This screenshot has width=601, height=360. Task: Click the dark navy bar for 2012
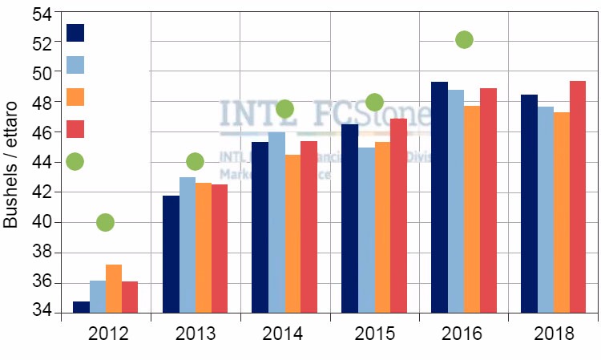point(81,307)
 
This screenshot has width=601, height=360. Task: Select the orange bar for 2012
point(114,289)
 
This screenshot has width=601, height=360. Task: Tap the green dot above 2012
point(105,222)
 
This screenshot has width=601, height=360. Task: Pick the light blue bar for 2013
point(187,245)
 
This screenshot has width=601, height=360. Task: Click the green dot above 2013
point(195,161)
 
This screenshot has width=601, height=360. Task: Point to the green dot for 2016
point(464,39)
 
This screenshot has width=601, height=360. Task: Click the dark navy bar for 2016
point(439,197)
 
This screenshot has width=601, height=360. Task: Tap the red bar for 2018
point(578,196)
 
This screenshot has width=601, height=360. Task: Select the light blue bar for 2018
point(545,209)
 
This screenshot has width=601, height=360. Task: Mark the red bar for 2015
point(398,216)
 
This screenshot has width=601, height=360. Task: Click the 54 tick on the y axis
point(41,12)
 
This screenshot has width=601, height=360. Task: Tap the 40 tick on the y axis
point(41,222)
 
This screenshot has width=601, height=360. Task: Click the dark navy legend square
point(75,33)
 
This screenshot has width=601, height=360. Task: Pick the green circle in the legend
point(75,161)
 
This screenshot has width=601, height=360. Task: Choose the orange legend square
point(75,97)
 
